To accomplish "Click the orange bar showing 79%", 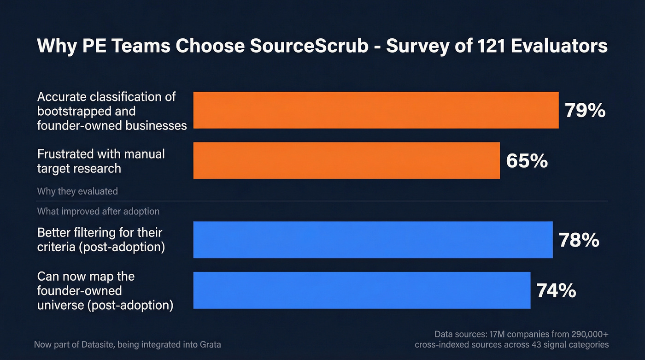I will [375, 110].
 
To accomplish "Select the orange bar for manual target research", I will [346, 160].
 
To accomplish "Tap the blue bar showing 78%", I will [373, 240].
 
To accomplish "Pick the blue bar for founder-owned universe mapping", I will [362, 290].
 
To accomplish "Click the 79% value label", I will [585, 111].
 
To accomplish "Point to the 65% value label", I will [527, 161].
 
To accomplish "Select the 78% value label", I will [579, 240].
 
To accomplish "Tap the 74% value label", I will [556, 291].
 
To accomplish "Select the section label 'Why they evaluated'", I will [77, 191].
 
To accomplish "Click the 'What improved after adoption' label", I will [98, 212].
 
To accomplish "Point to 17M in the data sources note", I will [493, 334].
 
